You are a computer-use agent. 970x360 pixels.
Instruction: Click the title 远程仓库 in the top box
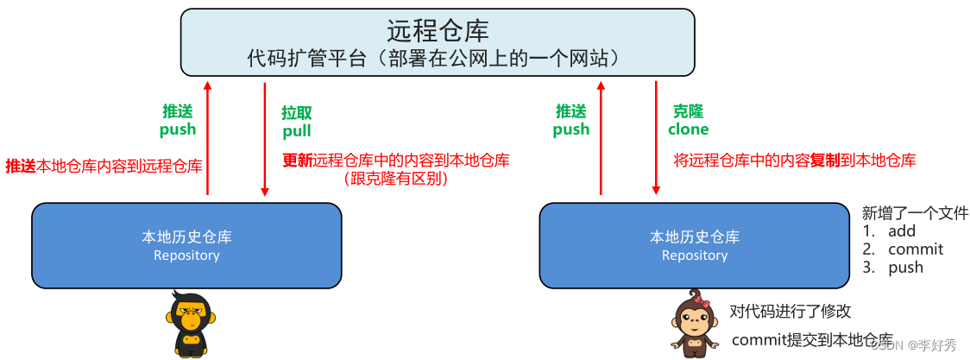tap(438, 31)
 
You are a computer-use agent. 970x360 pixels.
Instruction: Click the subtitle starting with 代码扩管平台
tap(438, 58)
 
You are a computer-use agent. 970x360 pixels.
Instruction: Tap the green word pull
tap(296, 131)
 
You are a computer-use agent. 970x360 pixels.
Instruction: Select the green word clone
tap(688, 129)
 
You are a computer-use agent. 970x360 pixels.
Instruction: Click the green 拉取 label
tap(296, 113)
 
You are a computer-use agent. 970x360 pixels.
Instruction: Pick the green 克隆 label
tap(688, 111)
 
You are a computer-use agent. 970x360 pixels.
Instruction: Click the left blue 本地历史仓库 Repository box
tap(186, 245)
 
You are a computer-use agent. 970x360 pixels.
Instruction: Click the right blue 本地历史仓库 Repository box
tap(694, 245)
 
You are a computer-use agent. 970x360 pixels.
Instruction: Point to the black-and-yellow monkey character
tap(189, 324)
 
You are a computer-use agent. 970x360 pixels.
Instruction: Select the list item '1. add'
tap(889, 231)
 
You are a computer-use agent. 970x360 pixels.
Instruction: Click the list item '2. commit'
tap(903, 249)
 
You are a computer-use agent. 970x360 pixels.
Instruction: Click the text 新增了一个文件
tap(915, 213)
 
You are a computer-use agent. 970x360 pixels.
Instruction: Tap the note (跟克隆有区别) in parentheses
tap(396, 179)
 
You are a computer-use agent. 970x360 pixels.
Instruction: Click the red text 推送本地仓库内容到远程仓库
tap(104, 166)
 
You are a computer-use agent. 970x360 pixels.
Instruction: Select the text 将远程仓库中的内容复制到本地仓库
tap(794, 160)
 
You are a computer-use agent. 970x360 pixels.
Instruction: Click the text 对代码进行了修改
tap(790, 312)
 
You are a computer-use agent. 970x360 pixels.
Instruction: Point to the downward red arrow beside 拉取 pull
tap(265, 138)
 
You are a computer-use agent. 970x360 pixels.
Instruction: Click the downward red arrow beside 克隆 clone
tap(656, 138)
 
